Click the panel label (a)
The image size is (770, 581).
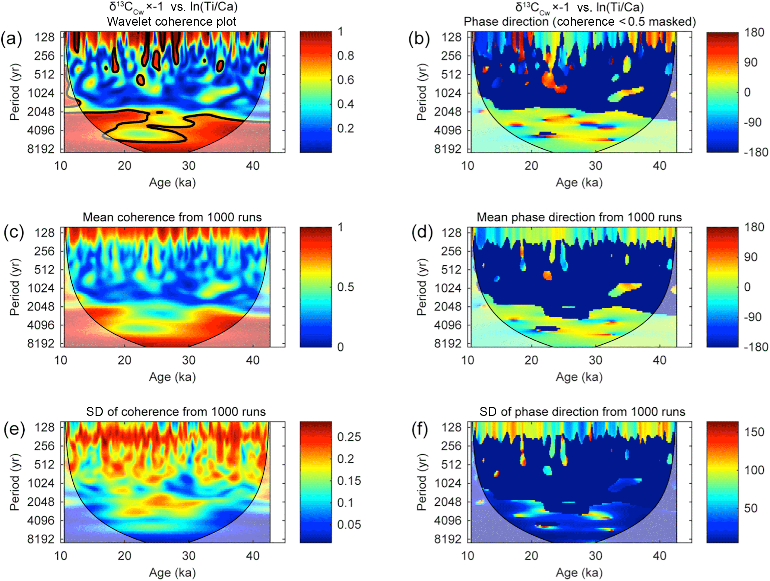[12, 39]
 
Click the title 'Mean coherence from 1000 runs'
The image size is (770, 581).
[172, 217]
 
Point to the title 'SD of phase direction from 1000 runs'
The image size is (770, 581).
[582, 412]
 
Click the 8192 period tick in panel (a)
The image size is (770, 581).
[41, 149]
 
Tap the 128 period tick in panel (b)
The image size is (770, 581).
[451, 37]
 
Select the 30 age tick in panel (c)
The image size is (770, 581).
[188, 360]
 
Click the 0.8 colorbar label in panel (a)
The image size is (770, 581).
[345, 56]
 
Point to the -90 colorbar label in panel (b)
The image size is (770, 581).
[752, 123]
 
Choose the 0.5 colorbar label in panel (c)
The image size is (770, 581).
[345, 287]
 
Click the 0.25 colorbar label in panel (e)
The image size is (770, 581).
[349, 437]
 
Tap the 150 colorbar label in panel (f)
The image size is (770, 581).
[754, 432]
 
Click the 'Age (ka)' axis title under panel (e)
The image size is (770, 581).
[172, 573]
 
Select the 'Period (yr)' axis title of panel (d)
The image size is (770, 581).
[421, 287]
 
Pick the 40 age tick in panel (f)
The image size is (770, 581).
[659, 556]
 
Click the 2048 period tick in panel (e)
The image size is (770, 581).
[41, 502]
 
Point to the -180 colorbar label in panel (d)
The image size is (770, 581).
[755, 347]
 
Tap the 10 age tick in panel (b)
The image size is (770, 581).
[468, 166]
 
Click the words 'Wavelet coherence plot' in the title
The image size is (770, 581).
[171, 22]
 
